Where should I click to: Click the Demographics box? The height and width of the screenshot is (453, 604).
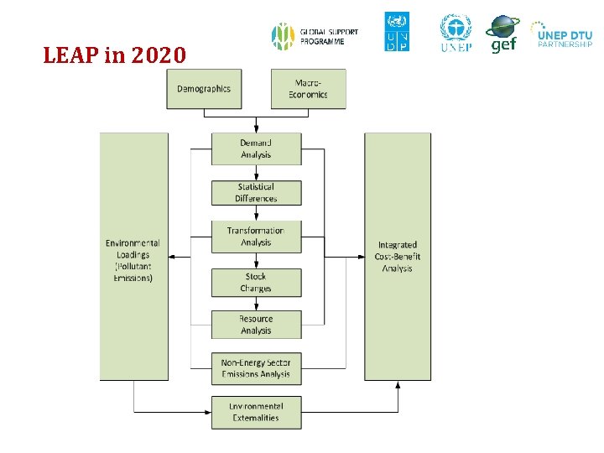click(x=204, y=89)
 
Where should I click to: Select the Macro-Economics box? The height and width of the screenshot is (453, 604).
click(x=308, y=89)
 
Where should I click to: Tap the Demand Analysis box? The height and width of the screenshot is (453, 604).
click(x=256, y=148)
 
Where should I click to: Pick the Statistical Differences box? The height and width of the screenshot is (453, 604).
click(x=256, y=193)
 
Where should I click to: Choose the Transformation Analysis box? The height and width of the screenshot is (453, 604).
click(x=256, y=237)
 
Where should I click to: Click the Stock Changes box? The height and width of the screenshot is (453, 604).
click(x=256, y=282)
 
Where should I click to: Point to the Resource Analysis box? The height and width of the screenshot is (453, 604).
click(x=256, y=325)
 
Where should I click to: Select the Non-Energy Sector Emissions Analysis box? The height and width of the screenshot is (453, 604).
click(x=256, y=368)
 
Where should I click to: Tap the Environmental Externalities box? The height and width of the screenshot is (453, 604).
click(x=256, y=412)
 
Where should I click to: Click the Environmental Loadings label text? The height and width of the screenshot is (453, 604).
click(x=133, y=260)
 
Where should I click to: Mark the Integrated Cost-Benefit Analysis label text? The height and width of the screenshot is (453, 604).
click(x=398, y=257)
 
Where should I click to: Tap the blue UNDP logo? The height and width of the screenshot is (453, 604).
click(x=397, y=32)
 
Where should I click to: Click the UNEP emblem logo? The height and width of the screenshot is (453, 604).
click(x=456, y=32)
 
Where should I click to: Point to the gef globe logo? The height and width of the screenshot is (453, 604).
click(x=502, y=33)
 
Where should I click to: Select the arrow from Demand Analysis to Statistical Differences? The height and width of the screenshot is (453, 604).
click(x=256, y=173)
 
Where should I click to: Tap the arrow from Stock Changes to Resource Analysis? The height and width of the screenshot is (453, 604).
click(x=256, y=304)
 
